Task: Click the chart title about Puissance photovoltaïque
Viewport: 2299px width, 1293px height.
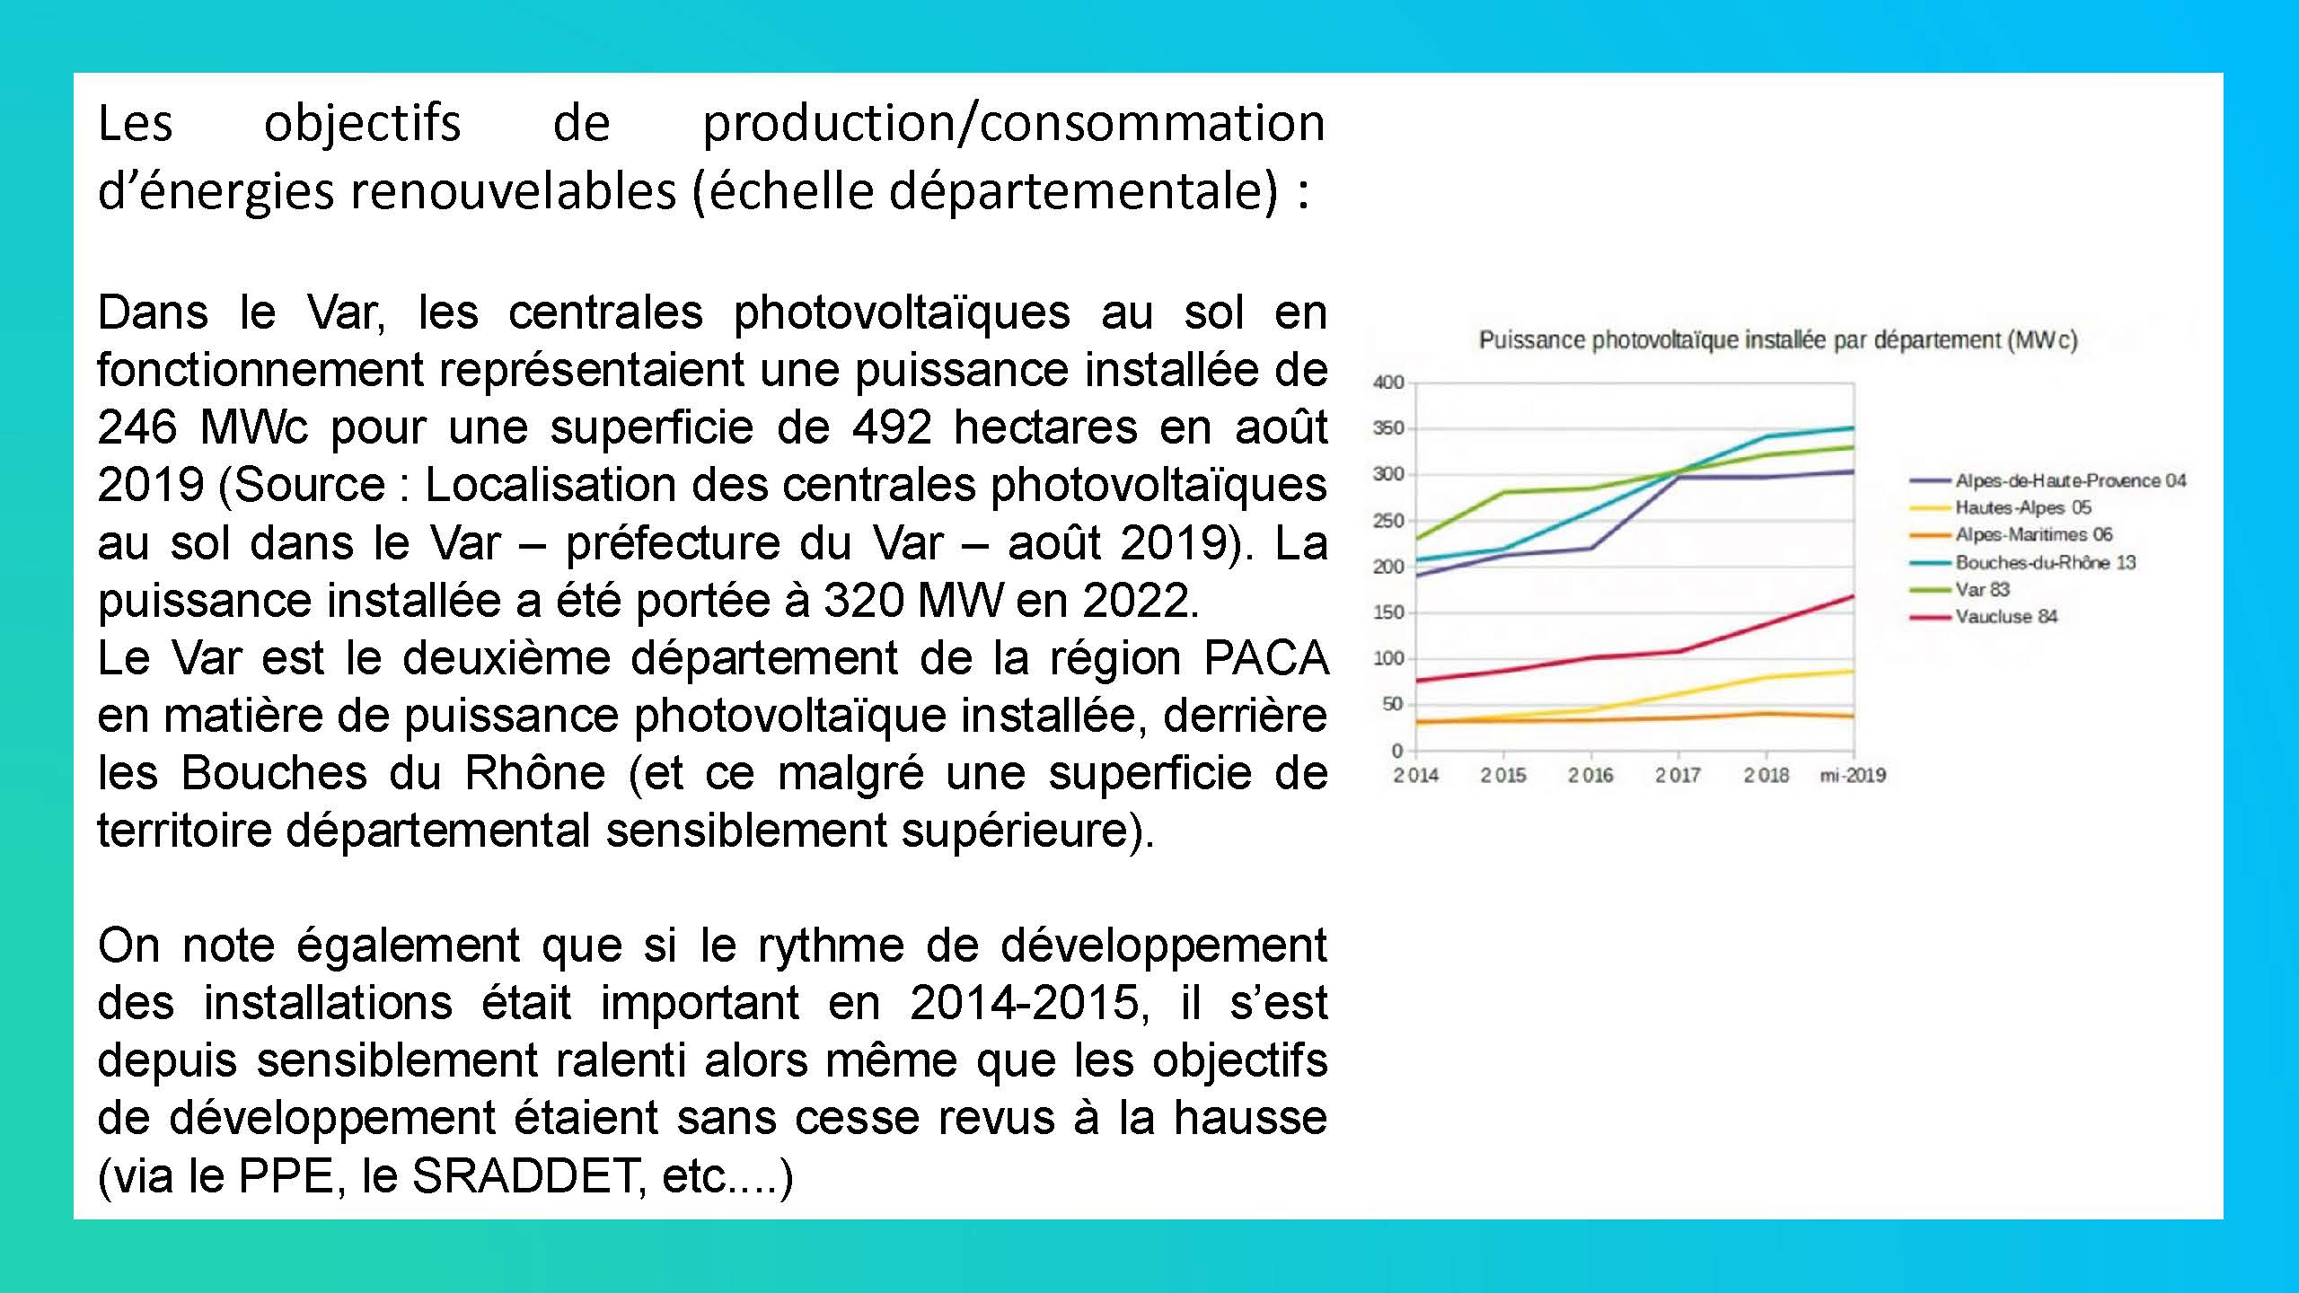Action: [1778, 340]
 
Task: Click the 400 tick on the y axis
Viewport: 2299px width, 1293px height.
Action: [1388, 383]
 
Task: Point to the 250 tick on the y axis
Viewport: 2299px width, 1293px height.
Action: [1388, 521]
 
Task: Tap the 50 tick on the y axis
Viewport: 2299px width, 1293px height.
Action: [1393, 704]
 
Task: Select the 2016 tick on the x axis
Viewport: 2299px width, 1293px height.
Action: [1590, 775]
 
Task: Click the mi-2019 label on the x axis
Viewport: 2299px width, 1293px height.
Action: [1853, 775]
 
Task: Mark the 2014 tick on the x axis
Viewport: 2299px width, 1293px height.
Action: [1415, 775]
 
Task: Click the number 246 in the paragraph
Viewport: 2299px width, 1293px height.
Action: [137, 427]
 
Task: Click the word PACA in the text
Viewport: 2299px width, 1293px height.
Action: [1265, 658]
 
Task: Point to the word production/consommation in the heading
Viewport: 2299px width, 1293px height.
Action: [1014, 123]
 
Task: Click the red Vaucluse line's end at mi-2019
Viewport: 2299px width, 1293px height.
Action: [1853, 596]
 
